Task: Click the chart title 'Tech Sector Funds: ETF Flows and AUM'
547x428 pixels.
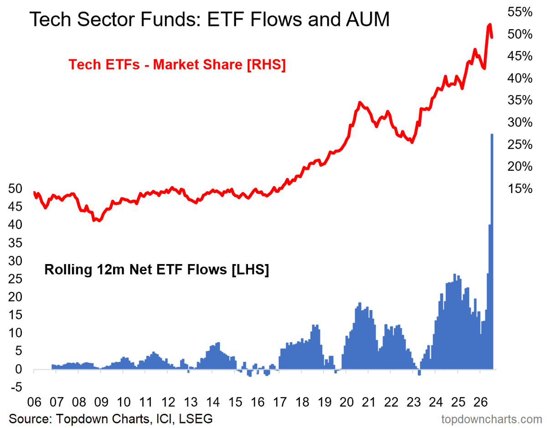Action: [209, 19]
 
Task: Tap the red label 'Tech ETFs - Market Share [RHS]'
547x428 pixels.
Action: [177, 65]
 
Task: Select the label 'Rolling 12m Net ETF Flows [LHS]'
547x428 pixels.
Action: [156, 270]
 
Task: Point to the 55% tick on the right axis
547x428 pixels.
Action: [520, 12]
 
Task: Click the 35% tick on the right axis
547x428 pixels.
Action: [520, 100]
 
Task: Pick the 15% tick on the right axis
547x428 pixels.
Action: [520, 189]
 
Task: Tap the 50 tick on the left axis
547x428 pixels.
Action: [15, 189]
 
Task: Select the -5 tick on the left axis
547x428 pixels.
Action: [17, 387]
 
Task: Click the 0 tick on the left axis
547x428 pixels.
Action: [19, 369]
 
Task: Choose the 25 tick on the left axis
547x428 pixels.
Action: [15, 279]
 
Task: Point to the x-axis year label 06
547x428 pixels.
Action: [34, 402]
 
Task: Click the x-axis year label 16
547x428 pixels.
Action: [258, 402]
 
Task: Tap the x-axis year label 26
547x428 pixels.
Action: [481, 402]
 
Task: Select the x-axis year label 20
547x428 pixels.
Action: [346, 402]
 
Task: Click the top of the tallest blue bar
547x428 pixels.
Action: [492, 134]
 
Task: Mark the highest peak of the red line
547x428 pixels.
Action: [490, 25]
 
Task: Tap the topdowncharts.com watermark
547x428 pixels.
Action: [492, 419]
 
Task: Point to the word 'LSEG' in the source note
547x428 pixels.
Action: [196, 419]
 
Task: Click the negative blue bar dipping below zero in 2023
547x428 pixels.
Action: [419, 372]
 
